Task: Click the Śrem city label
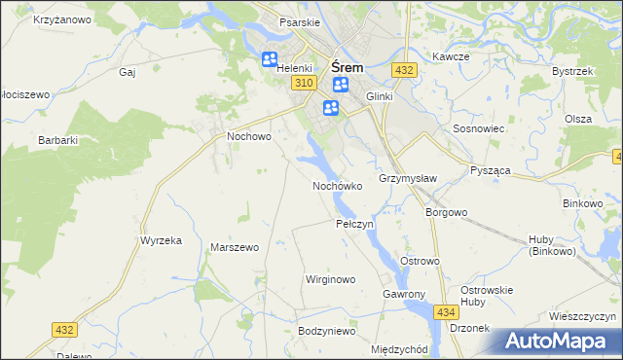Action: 348,67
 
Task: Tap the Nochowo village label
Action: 248,137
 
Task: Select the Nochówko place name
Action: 337,185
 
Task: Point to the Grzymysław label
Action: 408,179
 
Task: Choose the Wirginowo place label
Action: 330,279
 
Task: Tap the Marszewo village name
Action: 235,247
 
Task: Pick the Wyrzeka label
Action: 162,240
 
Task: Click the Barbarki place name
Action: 57,140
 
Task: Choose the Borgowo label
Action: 447,211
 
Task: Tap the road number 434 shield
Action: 446,311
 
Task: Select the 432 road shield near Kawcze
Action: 405,70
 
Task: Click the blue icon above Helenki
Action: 270,60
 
